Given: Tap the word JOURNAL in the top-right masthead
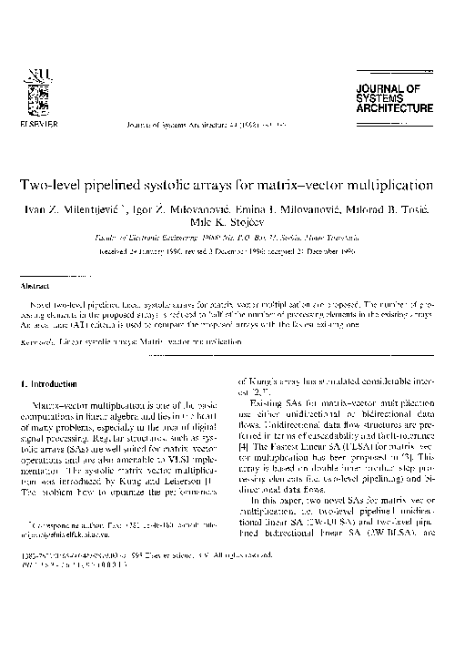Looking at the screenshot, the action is point(395,88).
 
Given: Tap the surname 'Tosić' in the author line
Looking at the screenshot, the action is point(424,208).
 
